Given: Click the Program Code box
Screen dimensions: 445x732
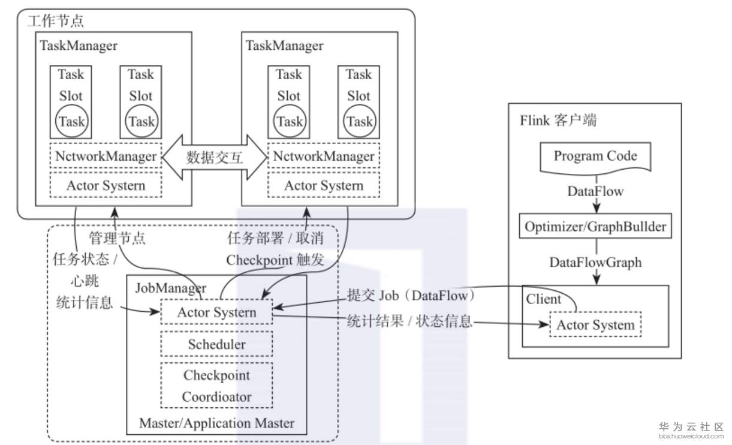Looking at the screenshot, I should [x=595, y=157].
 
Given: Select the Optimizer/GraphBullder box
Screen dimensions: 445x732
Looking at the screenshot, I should [x=595, y=227].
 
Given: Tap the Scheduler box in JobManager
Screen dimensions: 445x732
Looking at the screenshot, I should [x=216, y=344].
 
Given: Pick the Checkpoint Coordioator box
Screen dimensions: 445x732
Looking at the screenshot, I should [x=216, y=386].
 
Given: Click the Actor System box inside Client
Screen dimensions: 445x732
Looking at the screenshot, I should [x=595, y=325].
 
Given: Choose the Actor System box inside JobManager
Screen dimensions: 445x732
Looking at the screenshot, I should [x=216, y=312].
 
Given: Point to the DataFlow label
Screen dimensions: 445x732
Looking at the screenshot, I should [x=595, y=192].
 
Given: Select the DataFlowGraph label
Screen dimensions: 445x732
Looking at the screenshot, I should [x=595, y=262].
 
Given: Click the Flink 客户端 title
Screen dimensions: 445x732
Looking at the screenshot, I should [x=558, y=120].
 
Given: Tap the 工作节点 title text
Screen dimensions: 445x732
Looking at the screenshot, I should [x=56, y=21].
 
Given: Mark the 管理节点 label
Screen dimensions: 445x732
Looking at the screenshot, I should [x=117, y=238].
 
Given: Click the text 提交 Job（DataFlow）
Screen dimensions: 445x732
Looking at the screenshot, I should [x=411, y=296].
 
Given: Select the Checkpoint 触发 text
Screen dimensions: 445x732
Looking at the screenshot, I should [x=275, y=260].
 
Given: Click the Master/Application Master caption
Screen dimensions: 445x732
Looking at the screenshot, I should [x=216, y=423].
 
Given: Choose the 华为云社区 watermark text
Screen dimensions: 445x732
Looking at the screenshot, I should [x=691, y=426].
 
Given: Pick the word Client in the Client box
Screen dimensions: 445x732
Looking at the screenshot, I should [x=543, y=299].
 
